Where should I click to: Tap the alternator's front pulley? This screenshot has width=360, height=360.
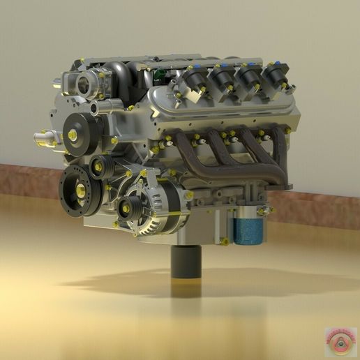click(130, 206)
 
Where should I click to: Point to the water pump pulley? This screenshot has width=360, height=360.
click(74, 133)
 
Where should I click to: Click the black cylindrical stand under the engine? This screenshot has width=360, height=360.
click(186, 263)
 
